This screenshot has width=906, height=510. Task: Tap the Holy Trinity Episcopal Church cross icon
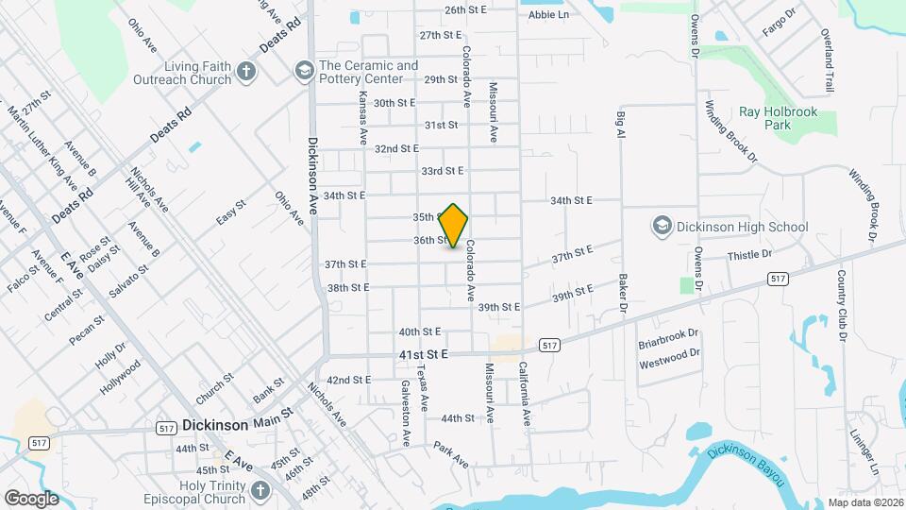click(260, 490)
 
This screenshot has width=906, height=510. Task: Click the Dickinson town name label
click(215, 425)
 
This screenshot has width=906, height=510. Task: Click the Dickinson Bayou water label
click(746, 463)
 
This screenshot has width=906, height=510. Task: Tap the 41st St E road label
click(421, 354)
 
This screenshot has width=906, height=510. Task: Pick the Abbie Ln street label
click(548, 15)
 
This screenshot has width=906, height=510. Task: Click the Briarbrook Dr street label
click(668, 333)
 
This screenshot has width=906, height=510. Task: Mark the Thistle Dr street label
click(749, 255)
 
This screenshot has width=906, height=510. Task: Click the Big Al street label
click(621, 125)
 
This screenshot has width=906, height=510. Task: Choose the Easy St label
click(231, 212)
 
